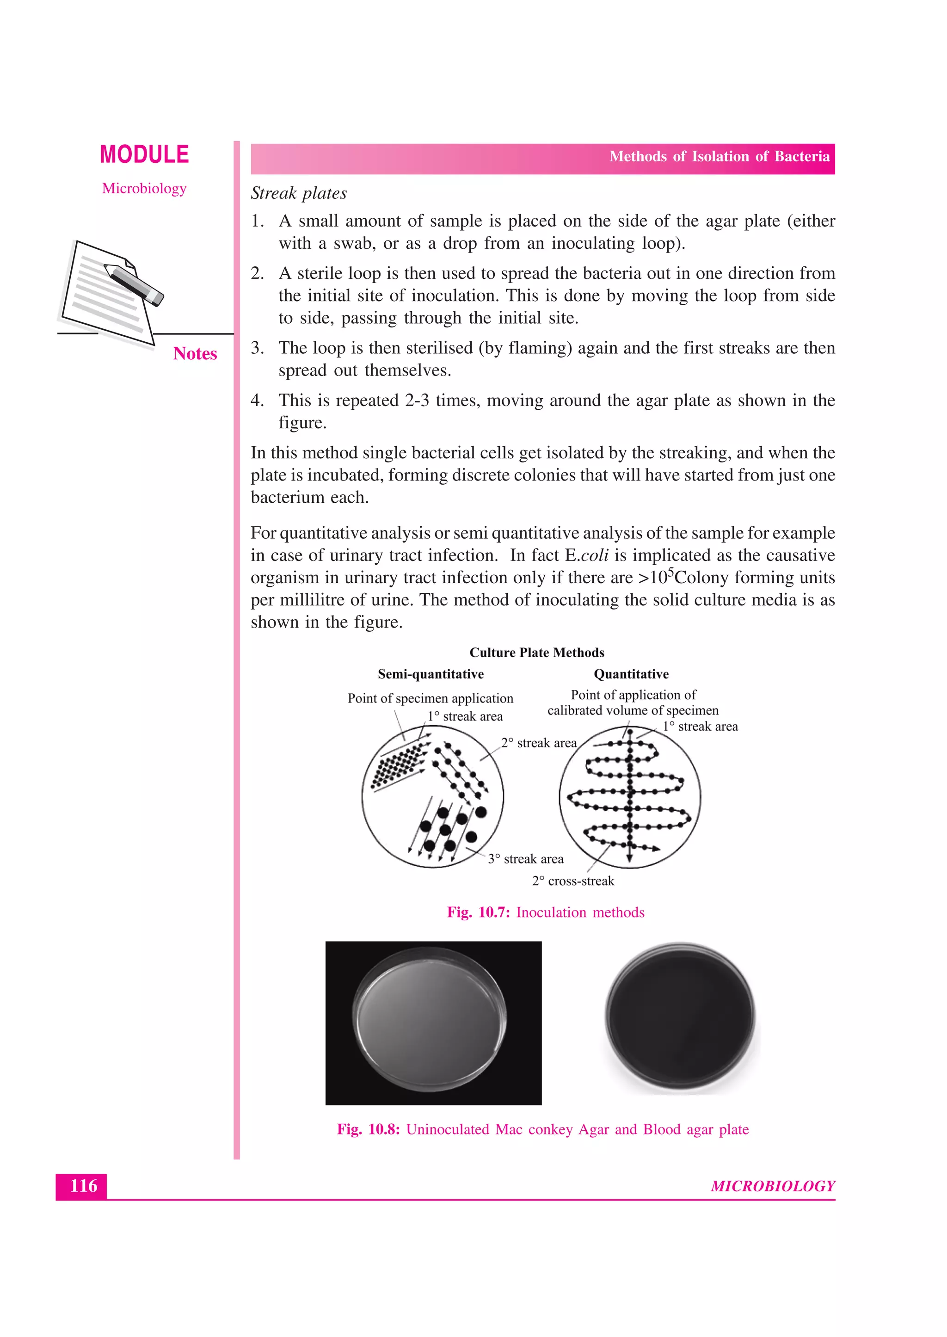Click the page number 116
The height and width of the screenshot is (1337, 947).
[83, 1185]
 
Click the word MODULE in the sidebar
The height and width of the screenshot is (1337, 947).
[144, 155]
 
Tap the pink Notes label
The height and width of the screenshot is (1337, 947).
[195, 353]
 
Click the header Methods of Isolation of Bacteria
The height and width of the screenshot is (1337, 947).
[719, 157]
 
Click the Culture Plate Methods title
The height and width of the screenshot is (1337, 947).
[536, 653]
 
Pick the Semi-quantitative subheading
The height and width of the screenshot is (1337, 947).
[430, 674]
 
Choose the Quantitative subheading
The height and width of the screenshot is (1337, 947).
[631, 674]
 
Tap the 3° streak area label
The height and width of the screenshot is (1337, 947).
[525, 859]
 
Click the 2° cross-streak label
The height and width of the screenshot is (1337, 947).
[572, 881]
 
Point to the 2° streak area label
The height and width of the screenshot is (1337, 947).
[538, 743]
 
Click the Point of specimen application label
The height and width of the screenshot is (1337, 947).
[430, 698]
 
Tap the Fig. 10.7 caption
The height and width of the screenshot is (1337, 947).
[545, 912]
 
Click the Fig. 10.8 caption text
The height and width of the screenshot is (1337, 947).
[542, 1129]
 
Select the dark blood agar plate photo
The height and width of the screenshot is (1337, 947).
[679, 1017]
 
